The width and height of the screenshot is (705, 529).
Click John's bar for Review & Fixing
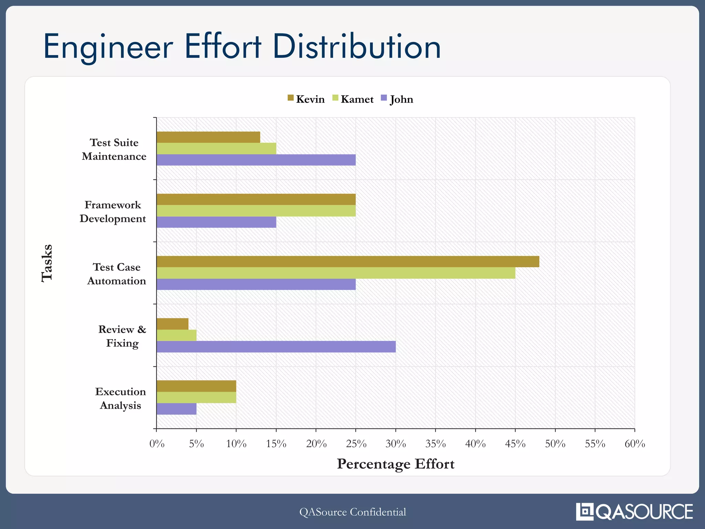coord(276,346)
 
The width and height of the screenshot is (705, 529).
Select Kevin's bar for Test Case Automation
coord(348,261)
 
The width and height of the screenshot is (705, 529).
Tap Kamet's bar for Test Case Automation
coord(336,273)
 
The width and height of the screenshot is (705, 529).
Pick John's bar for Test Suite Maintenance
coord(256,160)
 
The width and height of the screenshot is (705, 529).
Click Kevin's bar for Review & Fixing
coord(172,324)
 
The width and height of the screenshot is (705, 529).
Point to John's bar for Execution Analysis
coord(176,409)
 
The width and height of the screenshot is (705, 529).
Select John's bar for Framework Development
coord(216,222)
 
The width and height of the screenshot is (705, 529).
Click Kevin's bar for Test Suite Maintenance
coord(208,137)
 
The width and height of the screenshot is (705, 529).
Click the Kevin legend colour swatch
coord(291,98)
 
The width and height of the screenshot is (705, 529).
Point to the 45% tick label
coord(515,444)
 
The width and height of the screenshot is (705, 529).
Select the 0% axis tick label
coord(157,444)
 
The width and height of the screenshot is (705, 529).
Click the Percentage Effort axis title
coord(396,464)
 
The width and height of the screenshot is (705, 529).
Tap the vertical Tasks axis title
coord(47,263)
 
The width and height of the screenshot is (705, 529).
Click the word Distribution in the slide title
coord(357,47)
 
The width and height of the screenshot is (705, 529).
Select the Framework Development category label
coord(113,211)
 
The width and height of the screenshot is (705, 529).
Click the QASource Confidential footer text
coord(352,512)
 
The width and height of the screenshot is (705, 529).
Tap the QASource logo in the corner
coord(634,511)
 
